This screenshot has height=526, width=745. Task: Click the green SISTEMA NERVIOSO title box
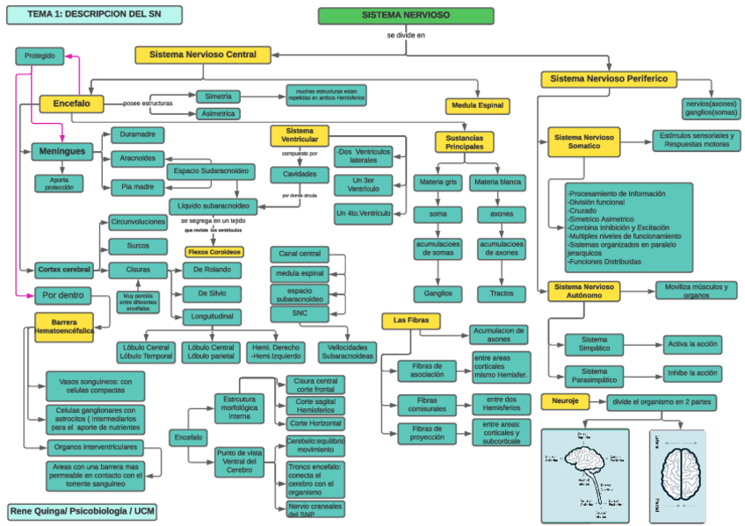405,16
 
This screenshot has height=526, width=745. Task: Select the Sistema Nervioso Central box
202,54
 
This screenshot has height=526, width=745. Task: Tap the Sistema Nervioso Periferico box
609,79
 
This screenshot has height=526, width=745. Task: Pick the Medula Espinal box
478,106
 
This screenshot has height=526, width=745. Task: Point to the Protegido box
40,56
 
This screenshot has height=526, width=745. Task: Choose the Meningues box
61,151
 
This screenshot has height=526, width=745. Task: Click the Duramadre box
137,134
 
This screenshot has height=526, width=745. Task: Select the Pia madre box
137,186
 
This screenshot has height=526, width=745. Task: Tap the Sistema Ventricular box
300,134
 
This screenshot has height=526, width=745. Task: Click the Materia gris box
438,183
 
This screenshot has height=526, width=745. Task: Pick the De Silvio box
212,293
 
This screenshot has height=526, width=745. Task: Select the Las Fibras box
411,321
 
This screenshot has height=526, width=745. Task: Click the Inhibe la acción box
693,372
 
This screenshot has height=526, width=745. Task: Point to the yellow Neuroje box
565,401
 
